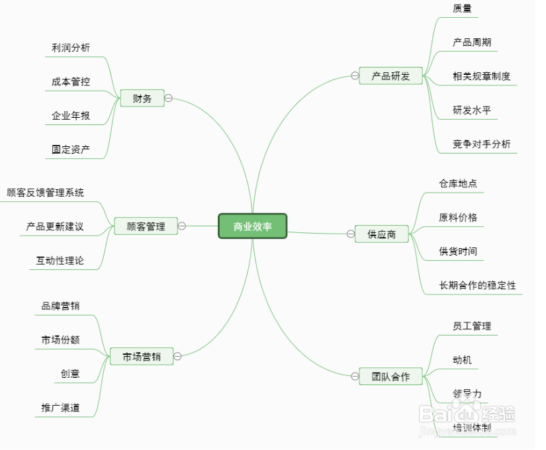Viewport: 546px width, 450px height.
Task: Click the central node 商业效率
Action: tap(252, 226)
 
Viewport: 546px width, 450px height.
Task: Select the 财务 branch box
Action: tap(142, 99)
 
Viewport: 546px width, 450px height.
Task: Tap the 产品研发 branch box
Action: tap(390, 76)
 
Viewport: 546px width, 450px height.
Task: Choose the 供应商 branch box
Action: tap(382, 234)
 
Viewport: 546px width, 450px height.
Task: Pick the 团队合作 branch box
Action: tap(390, 377)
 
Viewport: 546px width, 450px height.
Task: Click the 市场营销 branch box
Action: tap(142, 357)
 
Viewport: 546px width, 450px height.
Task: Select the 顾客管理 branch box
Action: tap(146, 226)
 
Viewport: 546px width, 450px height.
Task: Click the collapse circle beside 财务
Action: tap(168, 98)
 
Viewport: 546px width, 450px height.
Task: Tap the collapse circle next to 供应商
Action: tap(351, 234)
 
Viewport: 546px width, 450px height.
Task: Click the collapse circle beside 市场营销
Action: tap(177, 357)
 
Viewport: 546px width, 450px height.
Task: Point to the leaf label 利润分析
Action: tap(71, 48)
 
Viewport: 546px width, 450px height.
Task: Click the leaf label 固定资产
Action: tap(71, 150)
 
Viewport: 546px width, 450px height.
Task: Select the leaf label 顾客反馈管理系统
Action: tap(46, 193)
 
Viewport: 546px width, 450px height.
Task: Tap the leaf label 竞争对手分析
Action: tap(481, 144)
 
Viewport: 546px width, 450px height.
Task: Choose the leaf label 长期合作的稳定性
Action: tap(477, 286)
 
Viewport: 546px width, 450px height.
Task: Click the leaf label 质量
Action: tap(462, 9)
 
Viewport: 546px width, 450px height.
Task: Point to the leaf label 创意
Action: tap(70, 374)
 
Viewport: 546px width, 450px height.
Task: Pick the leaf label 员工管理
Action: tap(471, 326)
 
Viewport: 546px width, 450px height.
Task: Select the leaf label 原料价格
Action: tap(458, 217)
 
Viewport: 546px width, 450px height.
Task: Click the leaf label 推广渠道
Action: tap(61, 408)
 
